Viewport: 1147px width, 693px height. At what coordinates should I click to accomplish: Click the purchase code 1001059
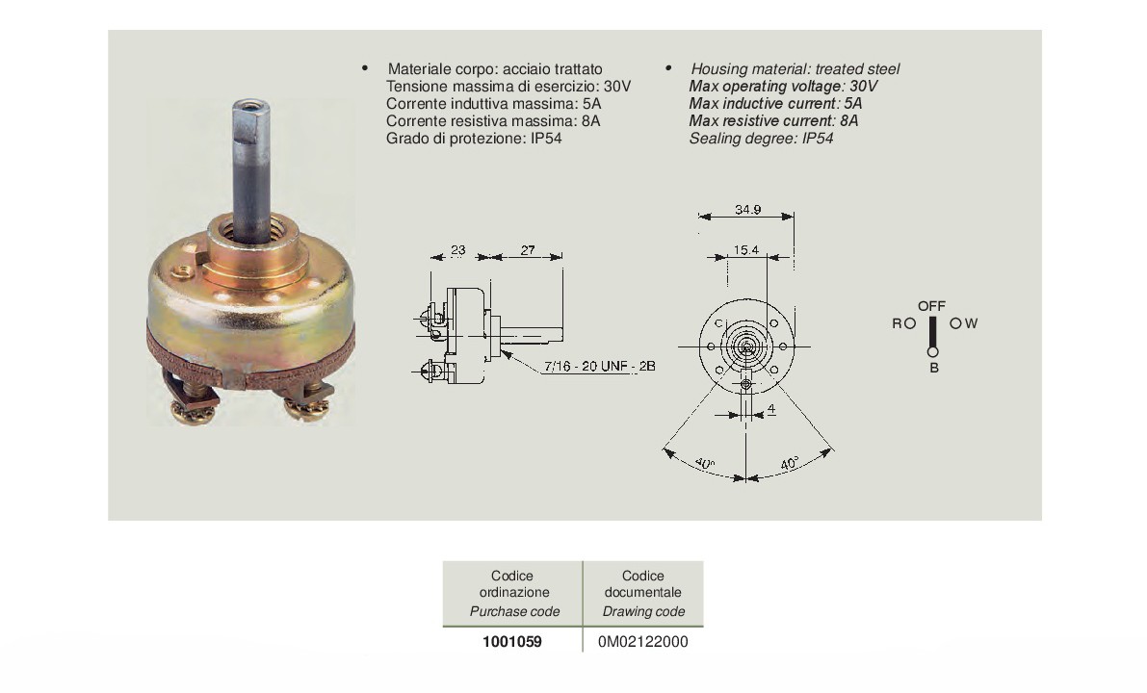pyautogui.click(x=512, y=642)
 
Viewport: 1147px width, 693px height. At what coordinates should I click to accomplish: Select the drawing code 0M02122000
pyautogui.click(x=643, y=642)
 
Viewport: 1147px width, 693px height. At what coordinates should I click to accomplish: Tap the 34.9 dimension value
pyautogui.click(x=747, y=210)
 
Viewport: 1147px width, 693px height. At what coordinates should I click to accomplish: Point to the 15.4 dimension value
pyautogui.click(x=746, y=250)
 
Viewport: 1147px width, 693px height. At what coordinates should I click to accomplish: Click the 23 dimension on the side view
pyautogui.click(x=457, y=250)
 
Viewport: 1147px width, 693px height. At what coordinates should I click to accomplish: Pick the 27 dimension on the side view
pyautogui.click(x=528, y=250)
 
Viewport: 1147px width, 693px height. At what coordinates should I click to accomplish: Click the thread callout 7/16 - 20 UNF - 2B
pyautogui.click(x=600, y=367)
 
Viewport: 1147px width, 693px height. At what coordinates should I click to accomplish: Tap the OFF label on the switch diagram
pyautogui.click(x=932, y=306)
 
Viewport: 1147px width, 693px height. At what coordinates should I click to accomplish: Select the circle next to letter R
pyautogui.click(x=910, y=323)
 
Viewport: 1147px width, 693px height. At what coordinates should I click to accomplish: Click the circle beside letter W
pyautogui.click(x=955, y=323)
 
